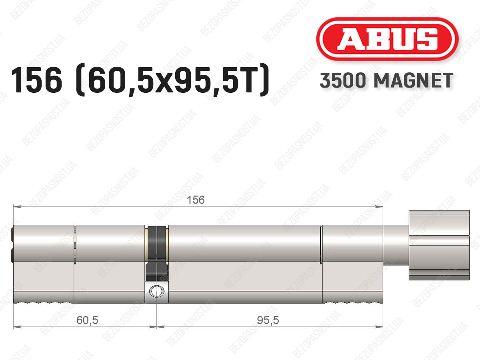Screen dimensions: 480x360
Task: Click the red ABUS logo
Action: (x=387, y=39)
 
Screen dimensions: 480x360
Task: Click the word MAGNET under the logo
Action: (x=414, y=80)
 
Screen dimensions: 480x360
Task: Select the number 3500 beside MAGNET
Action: (x=343, y=80)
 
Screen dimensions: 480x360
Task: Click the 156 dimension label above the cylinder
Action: (x=196, y=200)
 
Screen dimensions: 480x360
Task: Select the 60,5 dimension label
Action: (x=87, y=320)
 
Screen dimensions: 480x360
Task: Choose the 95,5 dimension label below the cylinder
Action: (x=268, y=320)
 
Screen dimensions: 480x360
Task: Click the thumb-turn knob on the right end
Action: (x=439, y=245)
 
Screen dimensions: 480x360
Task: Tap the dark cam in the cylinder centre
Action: (x=157, y=253)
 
